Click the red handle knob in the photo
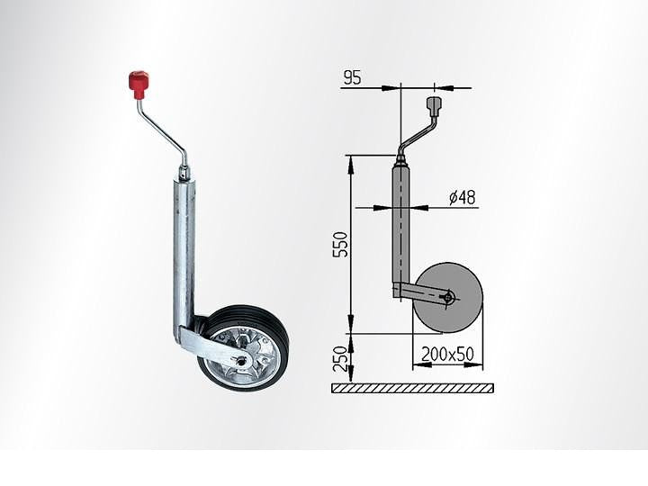(x=138, y=85)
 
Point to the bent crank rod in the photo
(x=164, y=133)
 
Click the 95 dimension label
(x=352, y=77)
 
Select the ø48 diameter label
(x=463, y=197)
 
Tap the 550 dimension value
(x=340, y=244)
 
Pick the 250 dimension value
(x=340, y=358)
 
